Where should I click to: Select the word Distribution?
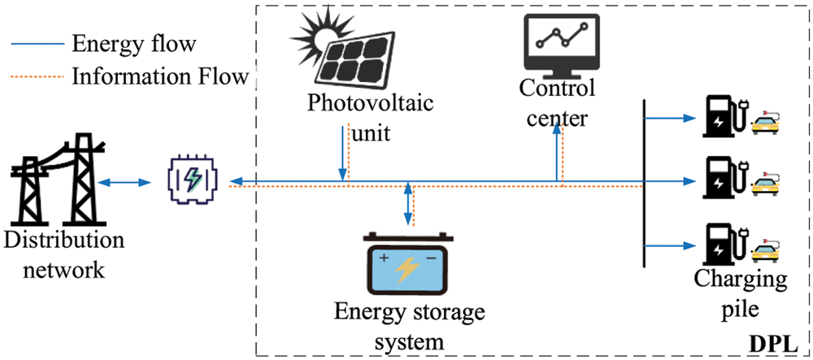click(x=63, y=241)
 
